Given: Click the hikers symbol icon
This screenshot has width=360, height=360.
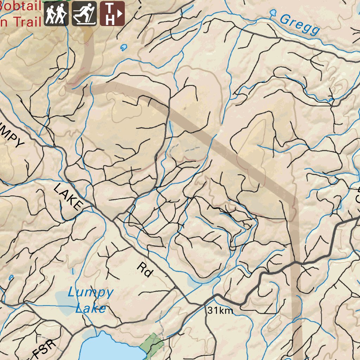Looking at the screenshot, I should (x=56, y=14).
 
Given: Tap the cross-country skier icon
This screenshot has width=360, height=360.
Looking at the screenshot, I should (x=84, y=14).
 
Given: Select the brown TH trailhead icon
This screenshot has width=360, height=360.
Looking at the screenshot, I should (x=112, y=14).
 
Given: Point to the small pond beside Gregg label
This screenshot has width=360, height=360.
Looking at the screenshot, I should (x=272, y=13).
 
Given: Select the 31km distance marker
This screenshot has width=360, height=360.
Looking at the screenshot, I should (x=220, y=310).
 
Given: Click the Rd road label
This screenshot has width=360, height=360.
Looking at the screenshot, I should (x=146, y=270).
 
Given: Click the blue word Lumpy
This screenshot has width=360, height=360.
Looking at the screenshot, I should (x=91, y=292).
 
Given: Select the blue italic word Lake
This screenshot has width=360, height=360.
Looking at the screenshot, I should (x=91, y=309).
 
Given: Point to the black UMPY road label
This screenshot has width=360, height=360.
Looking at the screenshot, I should (x=12, y=135).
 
